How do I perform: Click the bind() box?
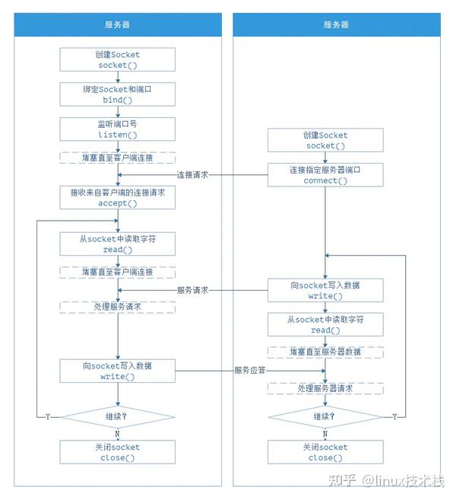point(118,94)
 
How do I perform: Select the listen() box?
point(118,129)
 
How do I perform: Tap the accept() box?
point(118,198)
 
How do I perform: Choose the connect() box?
point(325,175)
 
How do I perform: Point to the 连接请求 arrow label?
point(193,175)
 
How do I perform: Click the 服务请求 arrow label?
point(193,291)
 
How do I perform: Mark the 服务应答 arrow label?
point(250,371)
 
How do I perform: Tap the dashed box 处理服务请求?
point(118,307)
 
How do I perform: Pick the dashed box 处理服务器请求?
point(325,388)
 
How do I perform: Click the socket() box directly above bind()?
point(118,60)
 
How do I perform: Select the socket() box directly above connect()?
point(325,140)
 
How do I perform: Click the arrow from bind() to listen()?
point(118,111)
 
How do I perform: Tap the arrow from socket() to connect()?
point(325,158)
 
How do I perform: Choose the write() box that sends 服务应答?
point(118,371)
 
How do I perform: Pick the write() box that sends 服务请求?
point(325,291)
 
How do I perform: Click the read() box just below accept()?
point(118,244)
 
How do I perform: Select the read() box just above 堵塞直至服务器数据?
point(325,325)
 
